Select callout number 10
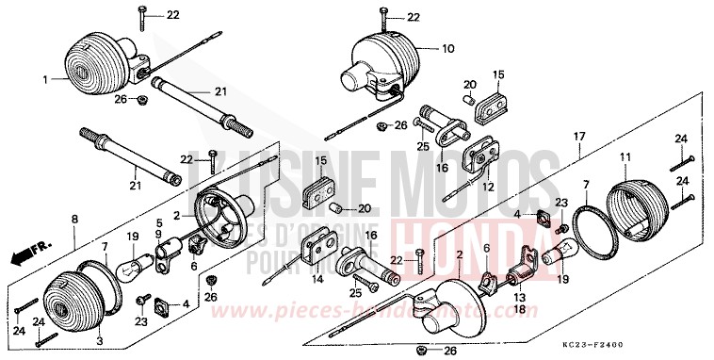tap(447, 47)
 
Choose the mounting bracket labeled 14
tap(316, 250)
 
